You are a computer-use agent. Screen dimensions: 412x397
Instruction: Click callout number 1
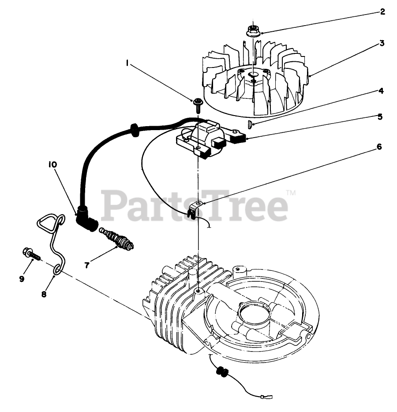point(127,63)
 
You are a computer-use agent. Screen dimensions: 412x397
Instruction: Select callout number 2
point(382,12)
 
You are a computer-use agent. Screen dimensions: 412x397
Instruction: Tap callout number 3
point(382,43)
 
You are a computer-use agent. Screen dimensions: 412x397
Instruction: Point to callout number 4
point(380,91)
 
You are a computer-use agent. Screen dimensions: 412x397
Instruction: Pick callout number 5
point(379,117)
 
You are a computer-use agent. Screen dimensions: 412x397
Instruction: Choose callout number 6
point(379,147)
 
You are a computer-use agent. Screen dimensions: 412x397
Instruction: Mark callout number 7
point(87,265)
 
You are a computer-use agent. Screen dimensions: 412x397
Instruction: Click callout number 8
point(44,293)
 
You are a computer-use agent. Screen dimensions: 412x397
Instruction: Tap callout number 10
point(52,164)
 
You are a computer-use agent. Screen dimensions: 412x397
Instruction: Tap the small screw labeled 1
point(197,103)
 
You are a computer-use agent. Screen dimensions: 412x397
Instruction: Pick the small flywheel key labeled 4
point(250,125)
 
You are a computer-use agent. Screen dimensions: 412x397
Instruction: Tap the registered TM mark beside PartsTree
point(291,192)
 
